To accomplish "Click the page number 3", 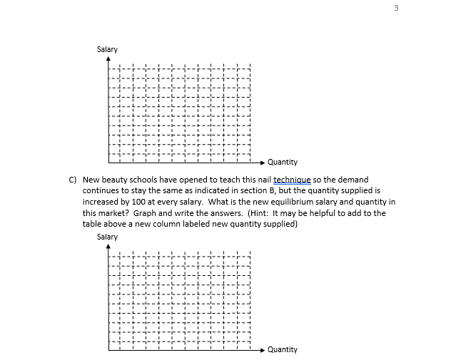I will coord(435,8).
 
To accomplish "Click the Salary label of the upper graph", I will coord(107,49).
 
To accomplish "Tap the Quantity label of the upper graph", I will coord(283,163).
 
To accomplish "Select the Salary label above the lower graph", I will coord(107,237).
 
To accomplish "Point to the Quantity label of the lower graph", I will coord(283,350).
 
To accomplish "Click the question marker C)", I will coord(72,180).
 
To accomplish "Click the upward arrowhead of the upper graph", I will coord(109,60).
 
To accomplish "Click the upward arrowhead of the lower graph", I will coord(109,247).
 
